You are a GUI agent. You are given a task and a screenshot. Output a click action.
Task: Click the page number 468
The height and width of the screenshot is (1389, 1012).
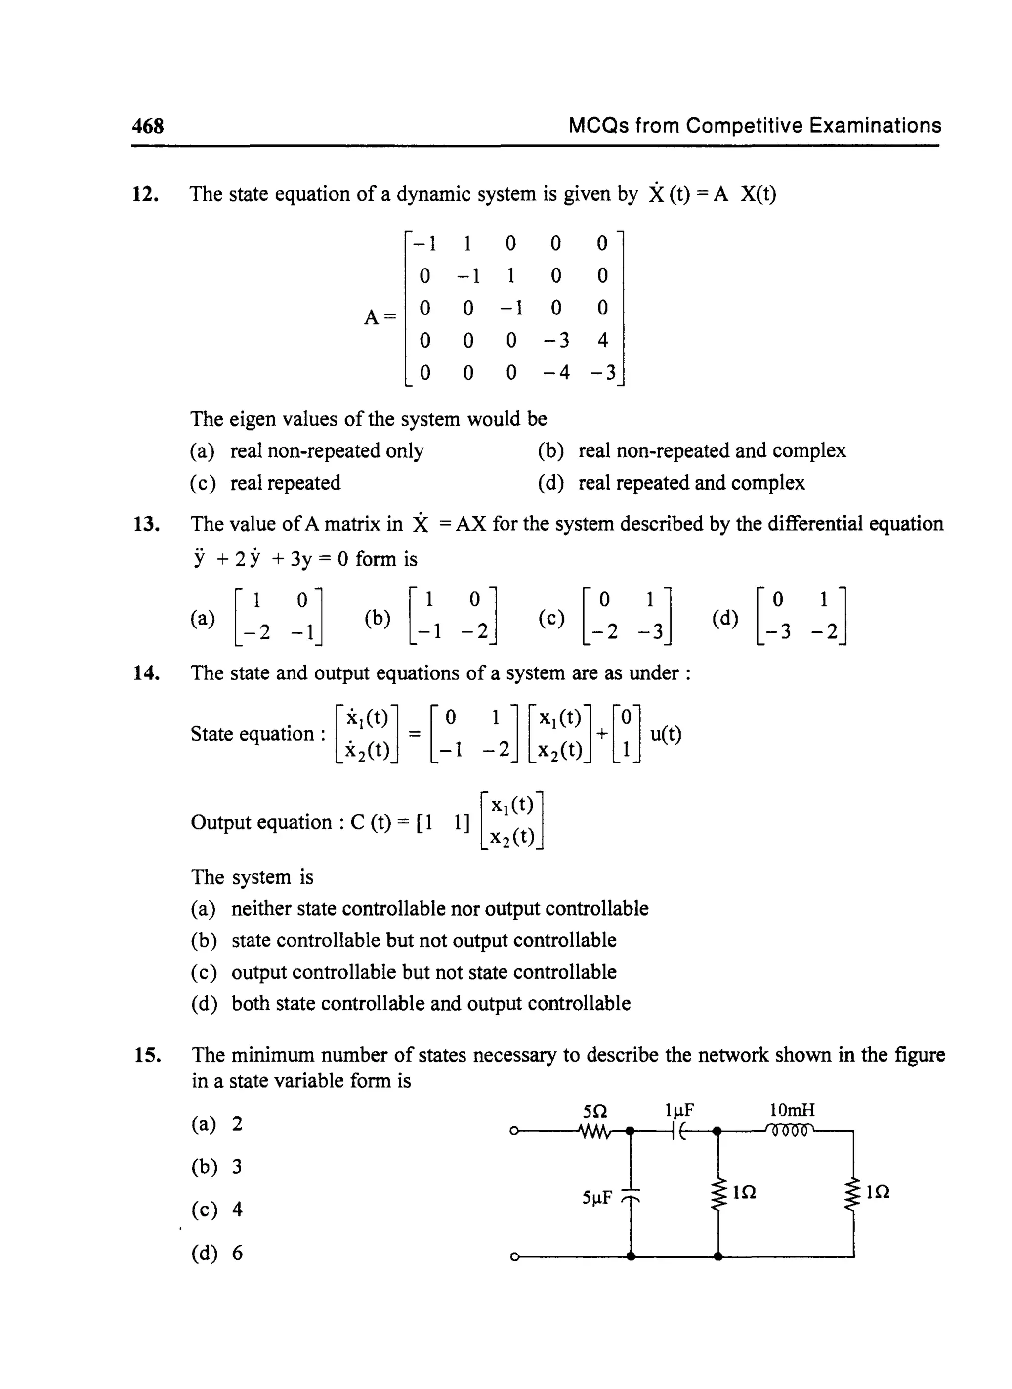148,126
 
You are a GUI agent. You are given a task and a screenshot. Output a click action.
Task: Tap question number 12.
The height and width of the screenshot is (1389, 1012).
146,194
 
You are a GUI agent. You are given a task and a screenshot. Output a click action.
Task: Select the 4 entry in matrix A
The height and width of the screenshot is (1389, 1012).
602,340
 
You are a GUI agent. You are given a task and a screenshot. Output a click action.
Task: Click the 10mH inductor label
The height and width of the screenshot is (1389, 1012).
792,1110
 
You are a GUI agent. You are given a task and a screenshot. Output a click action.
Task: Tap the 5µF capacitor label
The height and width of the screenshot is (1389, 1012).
597,1197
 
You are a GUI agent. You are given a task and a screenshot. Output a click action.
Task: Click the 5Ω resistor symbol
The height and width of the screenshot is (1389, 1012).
593,1131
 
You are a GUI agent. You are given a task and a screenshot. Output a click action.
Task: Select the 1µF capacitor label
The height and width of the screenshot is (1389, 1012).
679,1110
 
